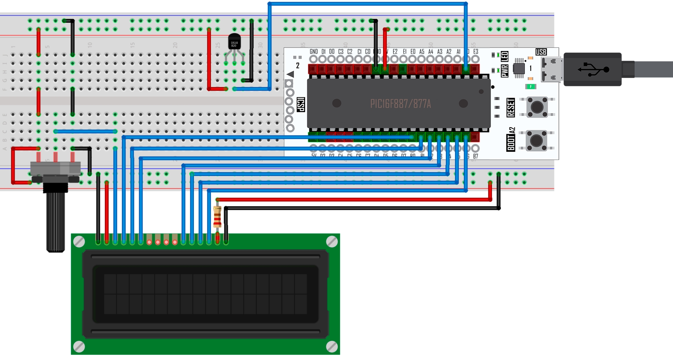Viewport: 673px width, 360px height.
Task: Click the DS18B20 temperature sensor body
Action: point(234,42)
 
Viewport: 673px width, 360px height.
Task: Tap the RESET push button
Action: point(537,107)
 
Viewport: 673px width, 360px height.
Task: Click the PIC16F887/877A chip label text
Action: point(400,104)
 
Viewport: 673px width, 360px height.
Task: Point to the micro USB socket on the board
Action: point(551,69)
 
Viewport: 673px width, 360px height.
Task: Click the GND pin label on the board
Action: point(314,52)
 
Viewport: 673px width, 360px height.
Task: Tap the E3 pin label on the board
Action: point(476,52)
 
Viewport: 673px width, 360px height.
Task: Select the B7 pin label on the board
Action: point(476,156)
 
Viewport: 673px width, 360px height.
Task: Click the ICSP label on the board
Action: point(301,105)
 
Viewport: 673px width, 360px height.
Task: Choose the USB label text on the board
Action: point(541,52)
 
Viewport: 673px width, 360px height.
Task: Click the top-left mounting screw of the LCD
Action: point(79,242)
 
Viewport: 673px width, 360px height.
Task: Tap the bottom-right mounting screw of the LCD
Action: point(332,346)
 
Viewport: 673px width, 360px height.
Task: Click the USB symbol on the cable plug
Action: point(593,69)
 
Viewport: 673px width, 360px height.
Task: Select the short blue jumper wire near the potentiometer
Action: point(86,132)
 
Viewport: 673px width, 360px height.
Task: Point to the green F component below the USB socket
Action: point(530,87)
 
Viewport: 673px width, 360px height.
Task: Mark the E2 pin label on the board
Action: point(395,52)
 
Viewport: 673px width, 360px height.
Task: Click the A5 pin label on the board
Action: point(422,52)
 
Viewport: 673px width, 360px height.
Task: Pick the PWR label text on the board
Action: point(505,71)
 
